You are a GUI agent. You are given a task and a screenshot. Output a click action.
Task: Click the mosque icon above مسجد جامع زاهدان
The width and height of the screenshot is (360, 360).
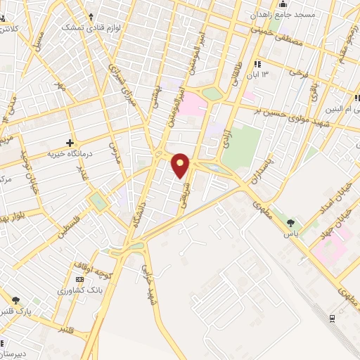(282, 4)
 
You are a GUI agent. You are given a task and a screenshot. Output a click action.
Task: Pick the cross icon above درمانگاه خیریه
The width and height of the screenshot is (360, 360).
(70, 143)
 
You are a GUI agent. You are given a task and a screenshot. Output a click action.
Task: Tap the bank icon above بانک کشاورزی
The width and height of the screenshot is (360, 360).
(79, 280)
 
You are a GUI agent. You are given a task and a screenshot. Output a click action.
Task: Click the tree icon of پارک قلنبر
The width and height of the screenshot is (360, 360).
(15, 300)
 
